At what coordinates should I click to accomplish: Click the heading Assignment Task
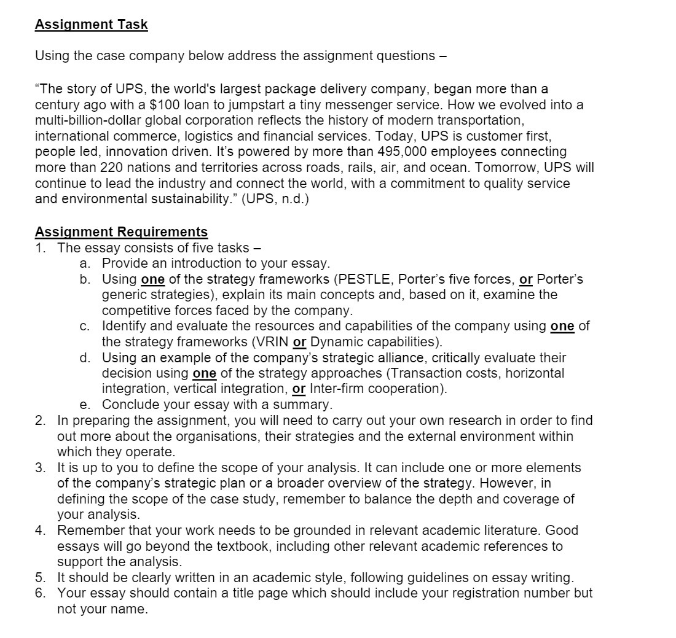pos(91,25)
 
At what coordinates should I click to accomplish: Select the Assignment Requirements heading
pos(121,232)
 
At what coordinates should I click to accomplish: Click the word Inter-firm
pos(337,389)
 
